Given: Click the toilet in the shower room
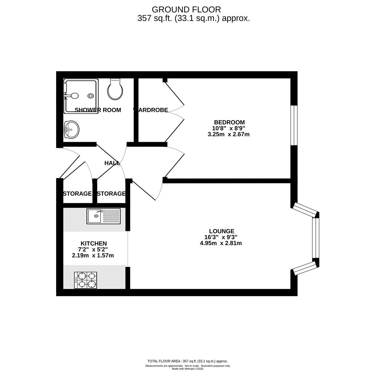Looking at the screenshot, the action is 115,89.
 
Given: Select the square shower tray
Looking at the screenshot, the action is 81,96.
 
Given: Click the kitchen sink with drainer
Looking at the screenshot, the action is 104,216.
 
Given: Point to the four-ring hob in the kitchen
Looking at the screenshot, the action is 86,280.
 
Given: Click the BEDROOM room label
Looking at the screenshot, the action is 229,122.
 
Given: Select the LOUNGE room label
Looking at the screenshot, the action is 222,231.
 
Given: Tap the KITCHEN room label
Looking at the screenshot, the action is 94,243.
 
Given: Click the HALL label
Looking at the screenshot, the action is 112,163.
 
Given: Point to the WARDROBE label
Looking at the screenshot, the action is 151,110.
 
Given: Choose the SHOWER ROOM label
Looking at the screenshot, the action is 98,110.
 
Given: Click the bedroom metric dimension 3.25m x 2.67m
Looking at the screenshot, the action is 228,134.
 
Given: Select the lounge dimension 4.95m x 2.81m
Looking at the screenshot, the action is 221,243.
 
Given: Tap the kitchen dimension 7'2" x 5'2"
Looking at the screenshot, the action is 93,249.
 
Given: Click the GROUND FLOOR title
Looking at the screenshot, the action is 186,10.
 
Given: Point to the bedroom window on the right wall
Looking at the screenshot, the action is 294,125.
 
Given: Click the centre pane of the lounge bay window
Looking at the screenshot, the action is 316,238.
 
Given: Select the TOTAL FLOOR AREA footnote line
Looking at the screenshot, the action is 187,361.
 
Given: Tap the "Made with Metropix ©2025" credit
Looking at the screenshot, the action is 187,369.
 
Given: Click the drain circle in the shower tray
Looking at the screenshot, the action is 91,96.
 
